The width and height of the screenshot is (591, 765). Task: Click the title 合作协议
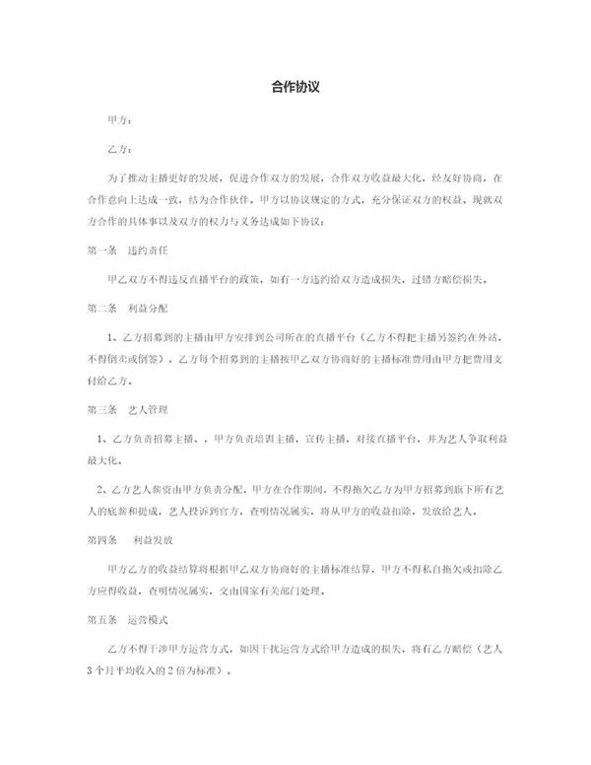click(x=295, y=87)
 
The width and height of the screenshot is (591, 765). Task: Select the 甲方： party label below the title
click(x=117, y=120)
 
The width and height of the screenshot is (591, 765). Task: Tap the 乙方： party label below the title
click(x=117, y=150)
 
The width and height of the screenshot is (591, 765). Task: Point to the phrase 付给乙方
click(x=110, y=379)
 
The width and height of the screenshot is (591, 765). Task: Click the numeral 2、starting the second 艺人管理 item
click(x=100, y=488)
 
